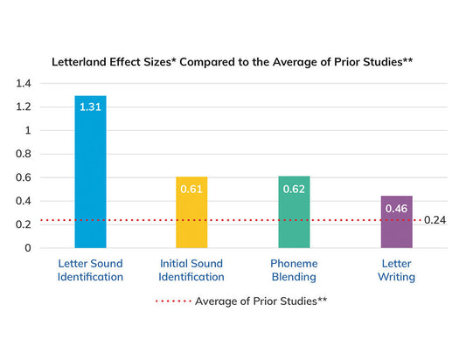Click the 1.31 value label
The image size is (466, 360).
coord(90,107)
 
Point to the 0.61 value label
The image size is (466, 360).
coord(191,189)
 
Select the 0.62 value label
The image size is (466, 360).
coord(294,188)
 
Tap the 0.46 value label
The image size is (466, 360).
coord(396,208)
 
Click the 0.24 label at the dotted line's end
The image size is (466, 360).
coord(435,220)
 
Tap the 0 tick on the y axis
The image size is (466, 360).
coord(27,247)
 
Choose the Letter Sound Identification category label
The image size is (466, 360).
coord(90,270)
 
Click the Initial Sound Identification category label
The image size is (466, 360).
coord(191,270)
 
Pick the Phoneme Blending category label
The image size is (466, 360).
coord(294,270)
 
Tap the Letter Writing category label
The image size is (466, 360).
coord(396,270)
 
